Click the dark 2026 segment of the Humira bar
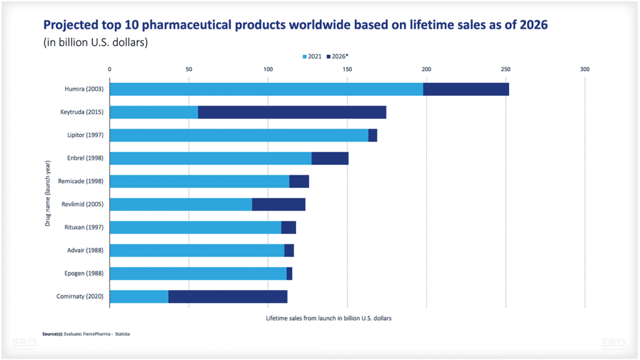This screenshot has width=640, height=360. (x=466, y=89)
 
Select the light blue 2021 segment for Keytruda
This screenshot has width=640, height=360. (x=154, y=112)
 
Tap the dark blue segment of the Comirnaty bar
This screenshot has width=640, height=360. (x=227, y=296)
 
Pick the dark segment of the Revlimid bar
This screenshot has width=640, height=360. (x=279, y=204)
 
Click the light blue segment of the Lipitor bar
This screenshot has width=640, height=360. (x=239, y=135)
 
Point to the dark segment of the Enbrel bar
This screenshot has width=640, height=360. (x=330, y=158)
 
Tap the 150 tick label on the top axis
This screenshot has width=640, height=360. (x=347, y=69)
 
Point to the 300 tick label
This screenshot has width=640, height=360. (x=585, y=69)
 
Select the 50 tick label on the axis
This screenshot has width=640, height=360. (x=189, y=69)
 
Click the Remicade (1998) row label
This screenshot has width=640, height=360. (x=81, y=181)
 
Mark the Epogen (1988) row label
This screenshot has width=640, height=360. (x=84, y=273)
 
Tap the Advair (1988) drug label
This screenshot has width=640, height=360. (x=84, y=250)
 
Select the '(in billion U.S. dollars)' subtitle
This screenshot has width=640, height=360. (x=95, y=42)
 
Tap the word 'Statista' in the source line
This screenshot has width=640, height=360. (x=122, y=334)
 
